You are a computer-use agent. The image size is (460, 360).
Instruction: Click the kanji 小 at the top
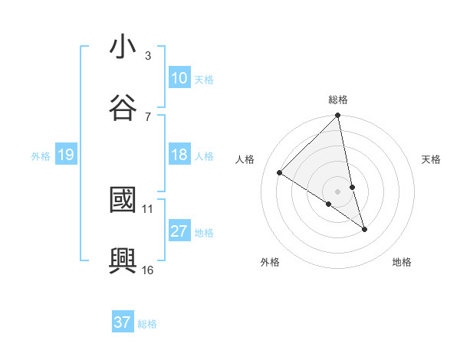[123, 47]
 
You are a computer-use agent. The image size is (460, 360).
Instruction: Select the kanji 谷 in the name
[123, 108]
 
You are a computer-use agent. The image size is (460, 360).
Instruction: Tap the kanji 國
[123, 201]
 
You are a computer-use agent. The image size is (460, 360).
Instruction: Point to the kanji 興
[123, 261]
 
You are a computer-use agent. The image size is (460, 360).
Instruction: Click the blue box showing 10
[179, 78]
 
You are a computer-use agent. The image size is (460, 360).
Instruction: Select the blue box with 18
[179, 155]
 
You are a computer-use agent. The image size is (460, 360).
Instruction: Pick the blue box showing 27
[179, 232]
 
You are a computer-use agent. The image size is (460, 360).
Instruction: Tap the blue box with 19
[65, 155]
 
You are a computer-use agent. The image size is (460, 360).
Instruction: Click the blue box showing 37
[123, 322]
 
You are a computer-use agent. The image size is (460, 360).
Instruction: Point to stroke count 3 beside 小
[148, 55]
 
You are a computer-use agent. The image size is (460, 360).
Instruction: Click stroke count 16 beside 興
[148, 270]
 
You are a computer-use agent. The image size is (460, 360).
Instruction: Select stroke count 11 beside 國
[148, 208]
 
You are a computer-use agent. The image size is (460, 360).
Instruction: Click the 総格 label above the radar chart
[338, 100]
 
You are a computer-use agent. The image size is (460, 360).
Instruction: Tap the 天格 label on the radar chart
[432, 159]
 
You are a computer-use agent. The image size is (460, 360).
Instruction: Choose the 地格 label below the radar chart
[402, 262]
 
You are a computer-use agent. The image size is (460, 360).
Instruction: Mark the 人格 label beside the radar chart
[245, 159]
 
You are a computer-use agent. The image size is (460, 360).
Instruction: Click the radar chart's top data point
[338, 116]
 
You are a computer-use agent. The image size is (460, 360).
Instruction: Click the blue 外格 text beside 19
[40, 156]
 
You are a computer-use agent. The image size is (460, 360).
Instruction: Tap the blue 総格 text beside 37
[147, 323]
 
